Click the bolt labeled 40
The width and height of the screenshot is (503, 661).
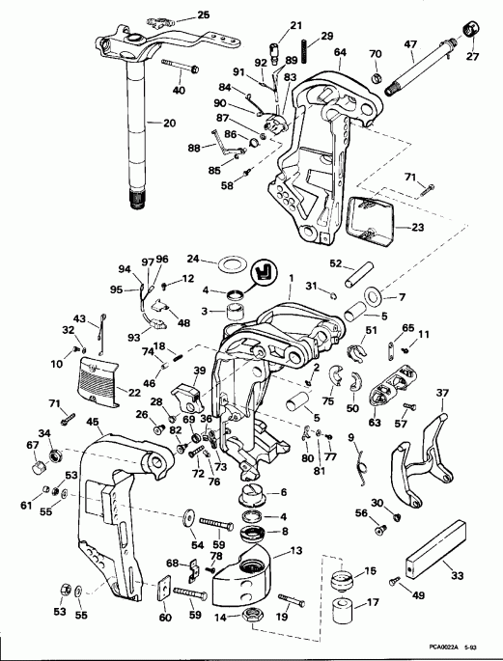point(181,68)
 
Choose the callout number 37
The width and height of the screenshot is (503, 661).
point(443,393)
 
